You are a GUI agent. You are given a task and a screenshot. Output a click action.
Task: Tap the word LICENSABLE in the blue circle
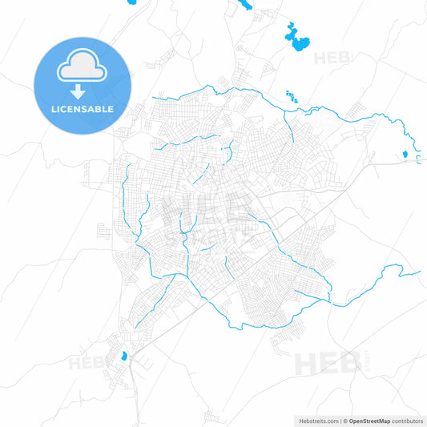coord(81,108)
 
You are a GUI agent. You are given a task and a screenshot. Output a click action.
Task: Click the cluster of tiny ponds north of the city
coord(290,95)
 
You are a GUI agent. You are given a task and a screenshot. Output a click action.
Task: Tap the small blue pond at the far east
coord(405,153)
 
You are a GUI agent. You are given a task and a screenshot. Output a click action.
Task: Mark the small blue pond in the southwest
coord(123,357)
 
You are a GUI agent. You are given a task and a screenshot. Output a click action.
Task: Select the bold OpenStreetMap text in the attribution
coord(368,421)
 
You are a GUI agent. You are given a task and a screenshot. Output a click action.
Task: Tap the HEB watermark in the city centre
coord(203,204)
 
